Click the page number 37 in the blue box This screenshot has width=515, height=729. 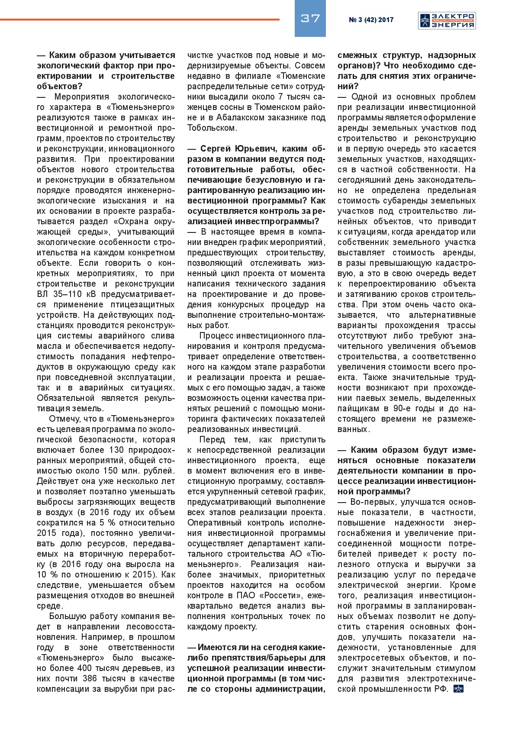310,18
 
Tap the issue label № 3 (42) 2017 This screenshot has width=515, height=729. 371,20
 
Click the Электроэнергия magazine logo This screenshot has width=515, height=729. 447,20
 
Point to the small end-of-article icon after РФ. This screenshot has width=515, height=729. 458,689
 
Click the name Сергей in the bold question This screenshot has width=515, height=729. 216,149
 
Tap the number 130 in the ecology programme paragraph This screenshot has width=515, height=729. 116,450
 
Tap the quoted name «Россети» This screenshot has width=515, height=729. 274,596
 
